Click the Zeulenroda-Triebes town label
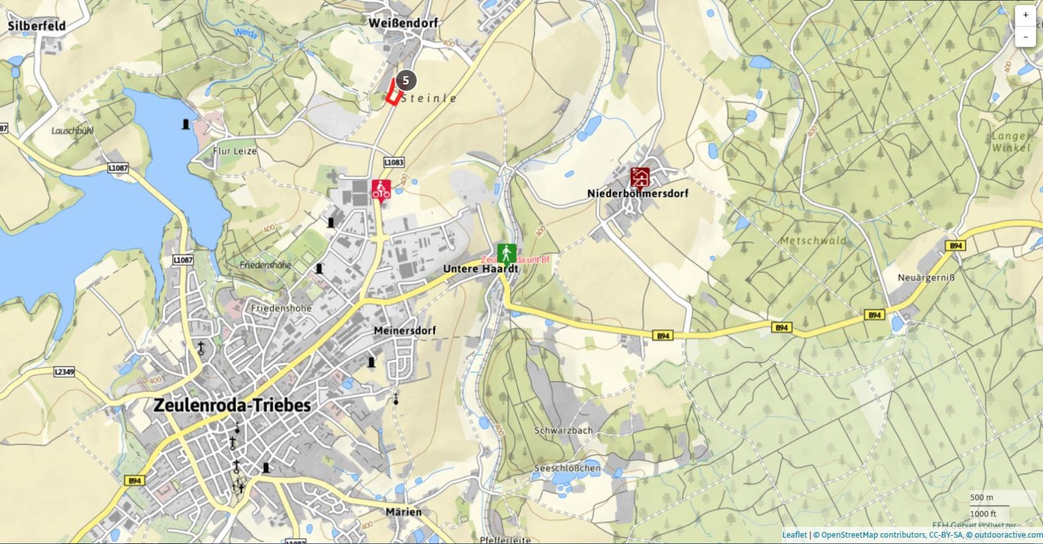click(x=232, y=405)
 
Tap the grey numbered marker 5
click(x=405, y=81)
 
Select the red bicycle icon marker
click(x=381, y=190)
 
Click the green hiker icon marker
click(x=506, y=253)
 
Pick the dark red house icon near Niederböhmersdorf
click(x=640, y=177)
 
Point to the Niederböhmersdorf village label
click(x=637, y=193)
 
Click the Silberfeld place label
click(x=36, y=26)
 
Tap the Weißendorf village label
click(x=403, y=23)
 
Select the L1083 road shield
click(x=394, y=162)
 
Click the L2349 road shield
click(x=64, y=371)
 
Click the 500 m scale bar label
click(x=982, y=497)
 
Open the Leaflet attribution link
click(x=794, y=535)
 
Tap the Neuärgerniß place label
click(x=926, y=277)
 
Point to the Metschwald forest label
click(x=813, y=241)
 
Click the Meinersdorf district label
click(x=405, y=330)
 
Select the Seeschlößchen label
click(x=567, y=468)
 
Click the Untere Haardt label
click(x=480, y=269)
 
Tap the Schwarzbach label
click(x=563, y=430)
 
